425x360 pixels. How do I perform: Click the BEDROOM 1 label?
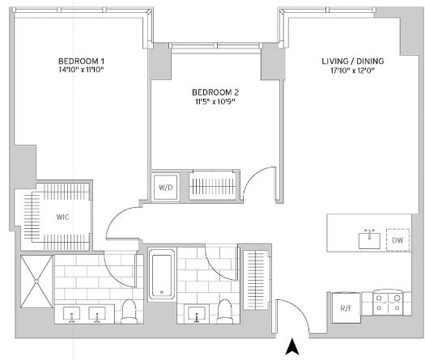pos(81,61)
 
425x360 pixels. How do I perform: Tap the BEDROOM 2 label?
pos(215,92)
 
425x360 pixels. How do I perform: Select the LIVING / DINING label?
pos(353,61)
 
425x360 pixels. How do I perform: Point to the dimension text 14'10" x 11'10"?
pos(81,70)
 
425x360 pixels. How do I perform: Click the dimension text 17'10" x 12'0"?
pos(353,70)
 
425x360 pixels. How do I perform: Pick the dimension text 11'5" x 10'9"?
pos(215,102)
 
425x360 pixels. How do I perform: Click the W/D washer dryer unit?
pos(165,188)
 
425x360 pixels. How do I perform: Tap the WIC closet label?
pos(62,218)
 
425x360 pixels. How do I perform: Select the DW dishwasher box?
pos(397,240)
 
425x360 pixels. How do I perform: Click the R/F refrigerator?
pos(346,307)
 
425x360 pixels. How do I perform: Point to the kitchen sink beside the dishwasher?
pos(369,239)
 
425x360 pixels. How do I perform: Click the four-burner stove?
pos(388,303)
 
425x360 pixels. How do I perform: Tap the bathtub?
pos(162,274)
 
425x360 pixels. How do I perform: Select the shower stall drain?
pos(36,282)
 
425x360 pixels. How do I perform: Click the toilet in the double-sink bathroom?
pos(129,311)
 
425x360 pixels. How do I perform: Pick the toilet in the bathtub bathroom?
pos(225,311)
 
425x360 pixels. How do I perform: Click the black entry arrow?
pos(292,347)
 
